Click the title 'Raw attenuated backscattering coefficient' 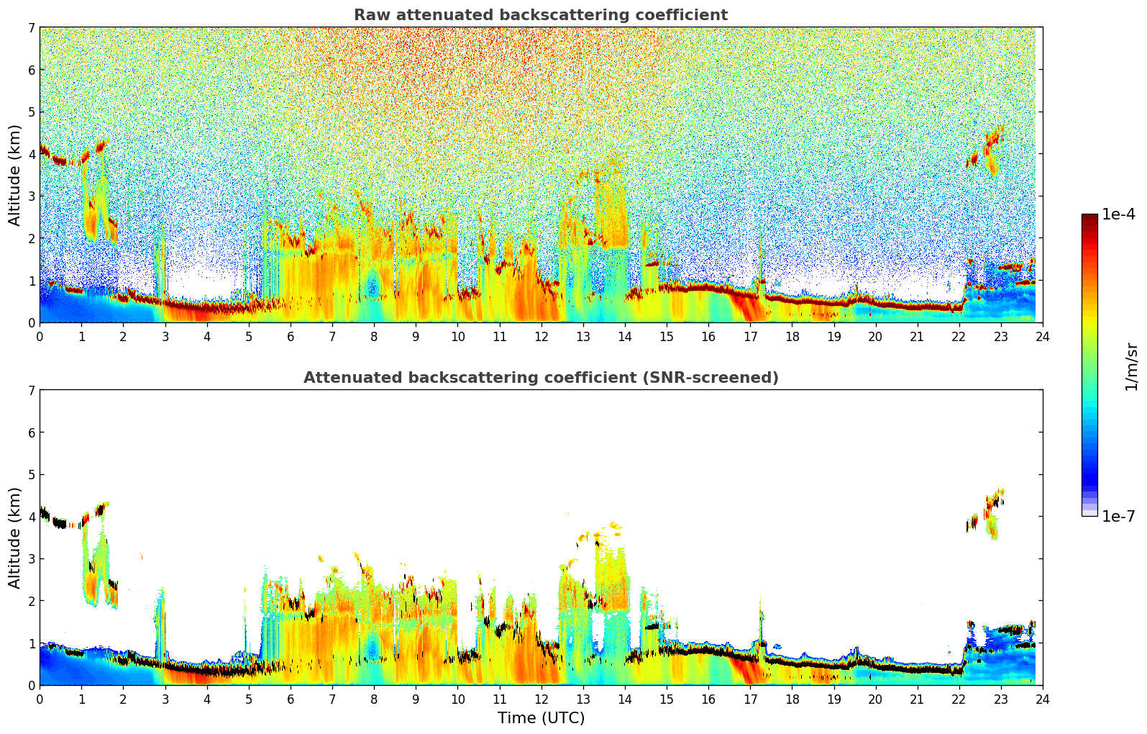coord(540,15)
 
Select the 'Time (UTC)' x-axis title coord(541,718)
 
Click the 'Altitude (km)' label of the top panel coord(15,175)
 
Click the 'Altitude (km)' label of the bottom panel coord(15,538)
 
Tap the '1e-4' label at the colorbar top coord(1118,214)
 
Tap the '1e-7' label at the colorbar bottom coord(1118,516)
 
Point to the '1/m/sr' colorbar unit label coord(1131,366)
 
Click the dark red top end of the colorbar coord(1089,217)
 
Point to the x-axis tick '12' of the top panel coord(541,336)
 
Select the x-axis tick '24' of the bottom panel coord(1043,699)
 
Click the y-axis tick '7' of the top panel coord(32,28)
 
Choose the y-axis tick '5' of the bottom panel coord(32,475)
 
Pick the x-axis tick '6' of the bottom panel coord(291,699)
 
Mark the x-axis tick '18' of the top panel coord(792,336)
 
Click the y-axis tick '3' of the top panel coord(32,196)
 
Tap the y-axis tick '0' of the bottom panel coord(32,686)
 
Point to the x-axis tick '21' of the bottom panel coord(917,699)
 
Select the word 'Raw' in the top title coord(368,15)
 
